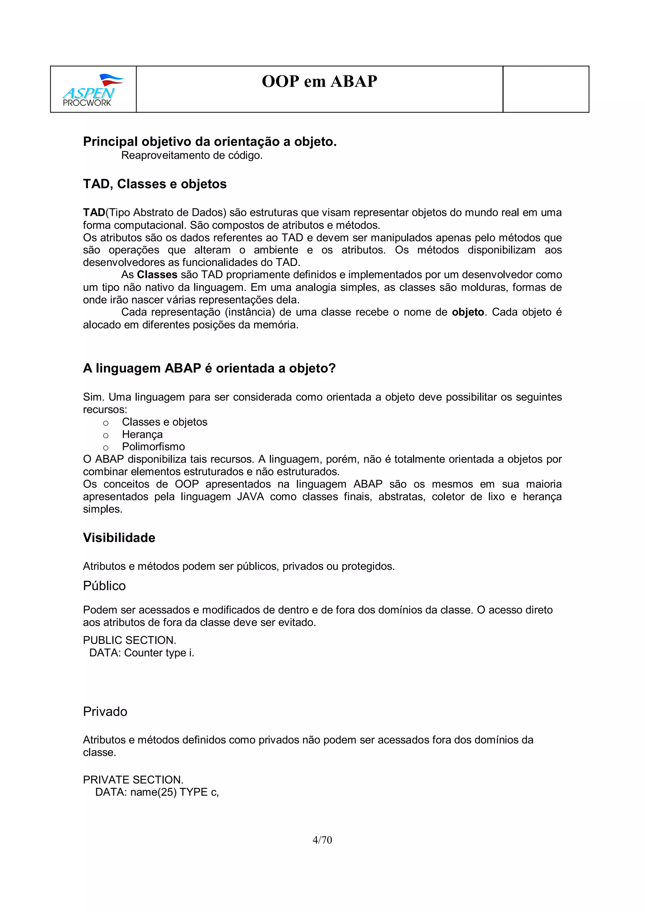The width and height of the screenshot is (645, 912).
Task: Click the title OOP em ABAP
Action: click(319, 82)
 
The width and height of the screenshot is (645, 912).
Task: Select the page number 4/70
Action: click(322, 840)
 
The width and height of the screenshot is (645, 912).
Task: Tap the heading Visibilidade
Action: click(119, 538)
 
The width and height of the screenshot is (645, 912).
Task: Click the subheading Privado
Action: click(105, 712)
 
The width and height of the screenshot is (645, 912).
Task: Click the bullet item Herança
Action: click(142, 434)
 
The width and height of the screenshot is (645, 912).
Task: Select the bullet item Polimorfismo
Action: click(153, 447)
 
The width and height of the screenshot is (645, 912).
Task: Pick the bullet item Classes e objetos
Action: click(164, 422)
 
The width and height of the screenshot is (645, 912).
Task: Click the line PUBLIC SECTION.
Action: click(129, 640)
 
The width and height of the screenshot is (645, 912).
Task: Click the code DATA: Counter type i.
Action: click(141, 653)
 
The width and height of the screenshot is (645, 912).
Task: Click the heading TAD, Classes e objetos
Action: click(155, 184)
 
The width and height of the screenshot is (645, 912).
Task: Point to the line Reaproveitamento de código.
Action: click(191, 155)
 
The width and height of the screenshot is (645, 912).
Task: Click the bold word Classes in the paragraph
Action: click(157, 275)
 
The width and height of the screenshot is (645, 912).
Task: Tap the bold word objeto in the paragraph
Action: click(467, 312)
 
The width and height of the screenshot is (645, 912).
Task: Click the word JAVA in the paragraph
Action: click(250, 497)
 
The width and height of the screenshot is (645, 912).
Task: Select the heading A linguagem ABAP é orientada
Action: click(209, 368)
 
